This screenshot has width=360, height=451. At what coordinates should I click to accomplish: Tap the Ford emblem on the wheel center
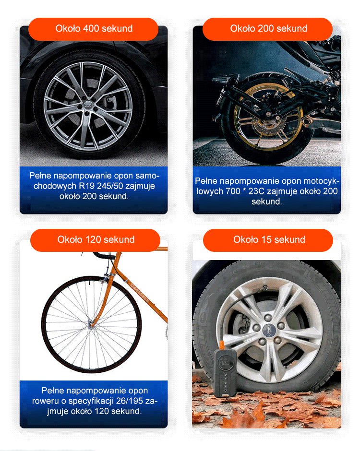coord(269,328)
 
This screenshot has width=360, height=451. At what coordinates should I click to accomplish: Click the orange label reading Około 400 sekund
coord(94,29)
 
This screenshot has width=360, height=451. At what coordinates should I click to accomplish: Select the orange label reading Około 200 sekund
coord(268,29)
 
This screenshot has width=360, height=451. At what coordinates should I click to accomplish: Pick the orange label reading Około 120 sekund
coord(96,240)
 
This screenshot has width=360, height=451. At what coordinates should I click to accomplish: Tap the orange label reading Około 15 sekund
coord(268,240)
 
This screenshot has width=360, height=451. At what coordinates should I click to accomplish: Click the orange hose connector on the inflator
coord(222,345)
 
